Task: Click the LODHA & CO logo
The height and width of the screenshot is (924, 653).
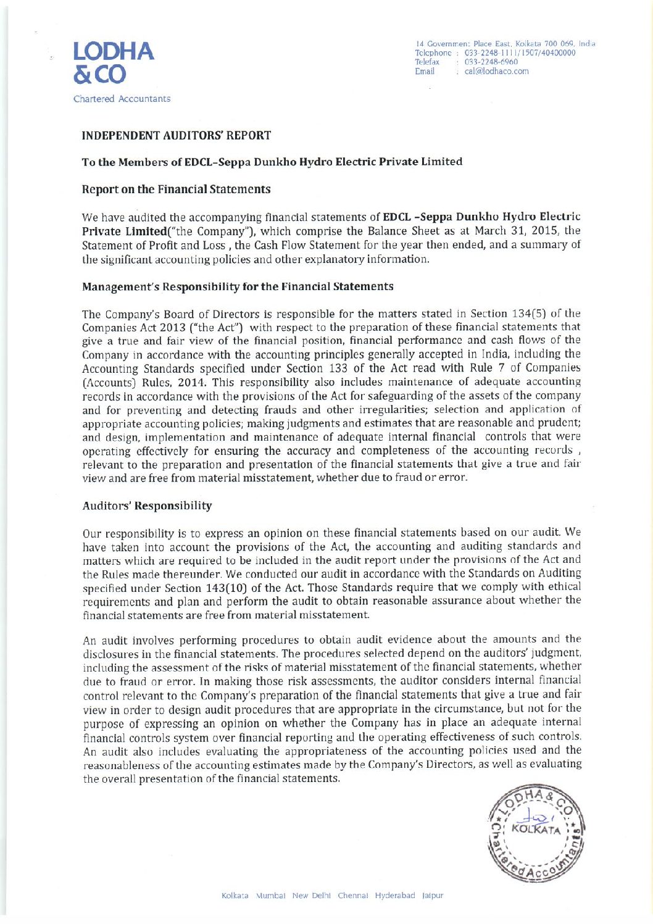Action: (113, 63)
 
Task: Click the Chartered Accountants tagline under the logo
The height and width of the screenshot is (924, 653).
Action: (122, 99)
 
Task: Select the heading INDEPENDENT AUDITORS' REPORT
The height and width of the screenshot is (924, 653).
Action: (176, 136)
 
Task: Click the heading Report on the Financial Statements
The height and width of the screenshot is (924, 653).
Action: (176, 189)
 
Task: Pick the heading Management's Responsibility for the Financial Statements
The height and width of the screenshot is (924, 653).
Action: (237, 287)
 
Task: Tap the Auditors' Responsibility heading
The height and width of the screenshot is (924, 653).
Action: (147, 506)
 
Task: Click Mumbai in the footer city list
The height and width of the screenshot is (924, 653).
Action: (270, 896)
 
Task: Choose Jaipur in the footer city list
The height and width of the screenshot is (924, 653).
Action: (431, 896)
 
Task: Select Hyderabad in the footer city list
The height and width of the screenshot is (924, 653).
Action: (395, 896)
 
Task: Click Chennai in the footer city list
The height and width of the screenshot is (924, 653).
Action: (353, 896)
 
